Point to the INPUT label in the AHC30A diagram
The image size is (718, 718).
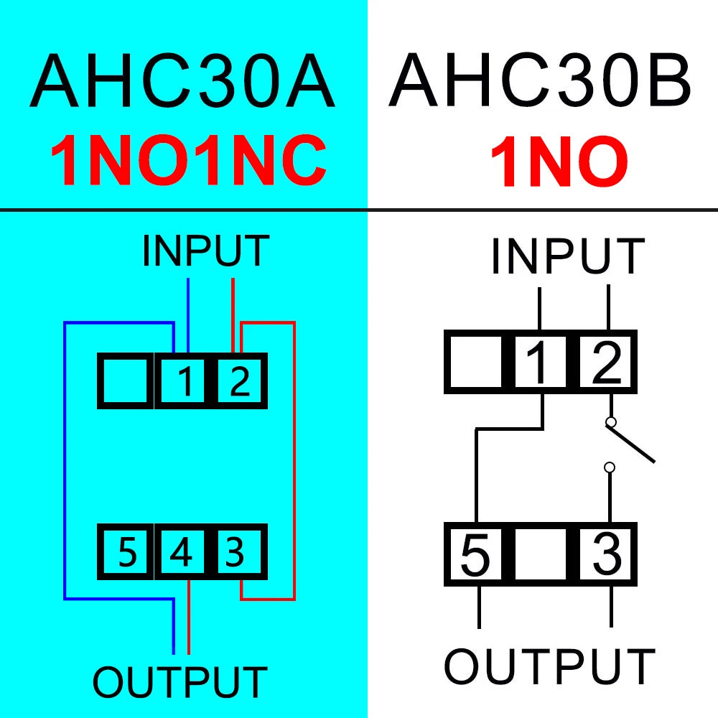click(205, 251)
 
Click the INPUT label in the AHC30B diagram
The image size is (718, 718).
click(567, 257)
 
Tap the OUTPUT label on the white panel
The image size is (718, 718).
click(549, 666)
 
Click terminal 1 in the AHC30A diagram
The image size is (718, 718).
click(186, 381)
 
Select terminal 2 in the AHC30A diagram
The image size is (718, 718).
click(239, 381)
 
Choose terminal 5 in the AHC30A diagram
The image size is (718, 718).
click(127, 553)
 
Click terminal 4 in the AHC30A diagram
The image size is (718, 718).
click(181, 553)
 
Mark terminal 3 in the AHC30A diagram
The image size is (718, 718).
click(236, 553)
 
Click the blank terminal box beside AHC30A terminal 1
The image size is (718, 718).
click(126, 381)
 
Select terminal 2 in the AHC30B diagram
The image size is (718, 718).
click(607, 363)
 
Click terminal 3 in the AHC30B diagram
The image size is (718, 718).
click(607, 554)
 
